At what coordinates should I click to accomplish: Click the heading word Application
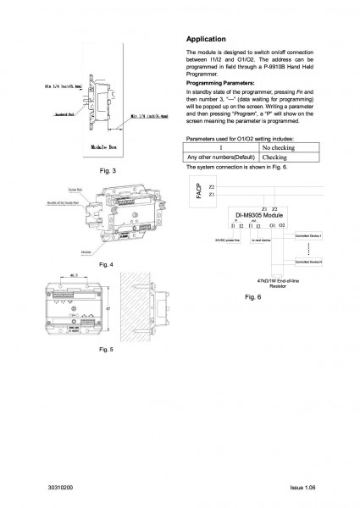click(205, 39)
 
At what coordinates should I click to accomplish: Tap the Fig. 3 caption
click(107, 172)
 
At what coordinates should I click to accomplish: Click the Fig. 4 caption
click(107, 266)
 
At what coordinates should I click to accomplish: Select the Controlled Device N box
click(308, 262)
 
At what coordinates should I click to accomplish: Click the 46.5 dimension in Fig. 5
click(74, 276)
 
